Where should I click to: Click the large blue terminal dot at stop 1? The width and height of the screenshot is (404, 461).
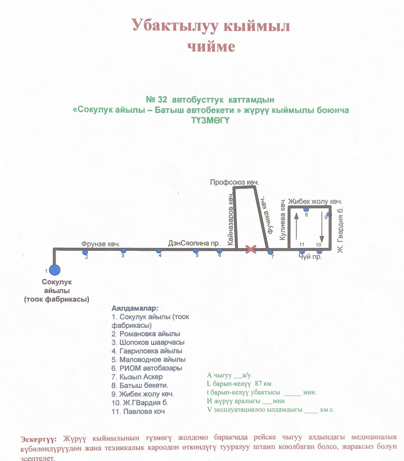click(55, 270)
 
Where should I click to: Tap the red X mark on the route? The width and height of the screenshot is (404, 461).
click(251, 249)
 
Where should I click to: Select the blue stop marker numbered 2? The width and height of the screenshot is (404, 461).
click(85, 252)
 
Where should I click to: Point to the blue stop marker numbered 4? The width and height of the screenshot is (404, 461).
click(159, 251)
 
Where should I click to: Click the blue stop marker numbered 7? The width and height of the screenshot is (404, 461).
click(270, 252)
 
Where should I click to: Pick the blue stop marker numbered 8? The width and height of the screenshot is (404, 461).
click(306, 209)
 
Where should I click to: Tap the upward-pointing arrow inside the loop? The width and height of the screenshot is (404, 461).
click(296, 226)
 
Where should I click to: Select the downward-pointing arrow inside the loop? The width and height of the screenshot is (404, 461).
click(322, 226)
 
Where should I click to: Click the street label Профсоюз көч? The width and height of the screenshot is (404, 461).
click(234, 182)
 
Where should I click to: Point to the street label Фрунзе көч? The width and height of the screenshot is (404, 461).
click(101, 244)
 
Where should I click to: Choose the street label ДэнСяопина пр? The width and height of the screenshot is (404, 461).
click(194, 243)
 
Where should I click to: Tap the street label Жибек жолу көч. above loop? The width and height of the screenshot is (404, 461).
click(315, 202)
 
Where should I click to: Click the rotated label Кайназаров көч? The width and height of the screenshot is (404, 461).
click(230, 220)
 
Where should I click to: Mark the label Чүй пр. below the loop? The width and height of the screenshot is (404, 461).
click(310, 257)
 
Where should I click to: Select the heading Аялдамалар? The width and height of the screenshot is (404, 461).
click(135, 308)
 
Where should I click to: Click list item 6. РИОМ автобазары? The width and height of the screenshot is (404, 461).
click(146, 368)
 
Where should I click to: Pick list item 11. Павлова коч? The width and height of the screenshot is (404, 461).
click(138, 412)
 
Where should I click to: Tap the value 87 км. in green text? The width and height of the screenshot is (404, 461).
click(264, 384)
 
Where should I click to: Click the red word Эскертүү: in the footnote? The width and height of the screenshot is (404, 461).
click(38, 440)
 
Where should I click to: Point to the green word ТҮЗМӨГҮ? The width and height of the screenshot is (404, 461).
click(210, 120)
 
